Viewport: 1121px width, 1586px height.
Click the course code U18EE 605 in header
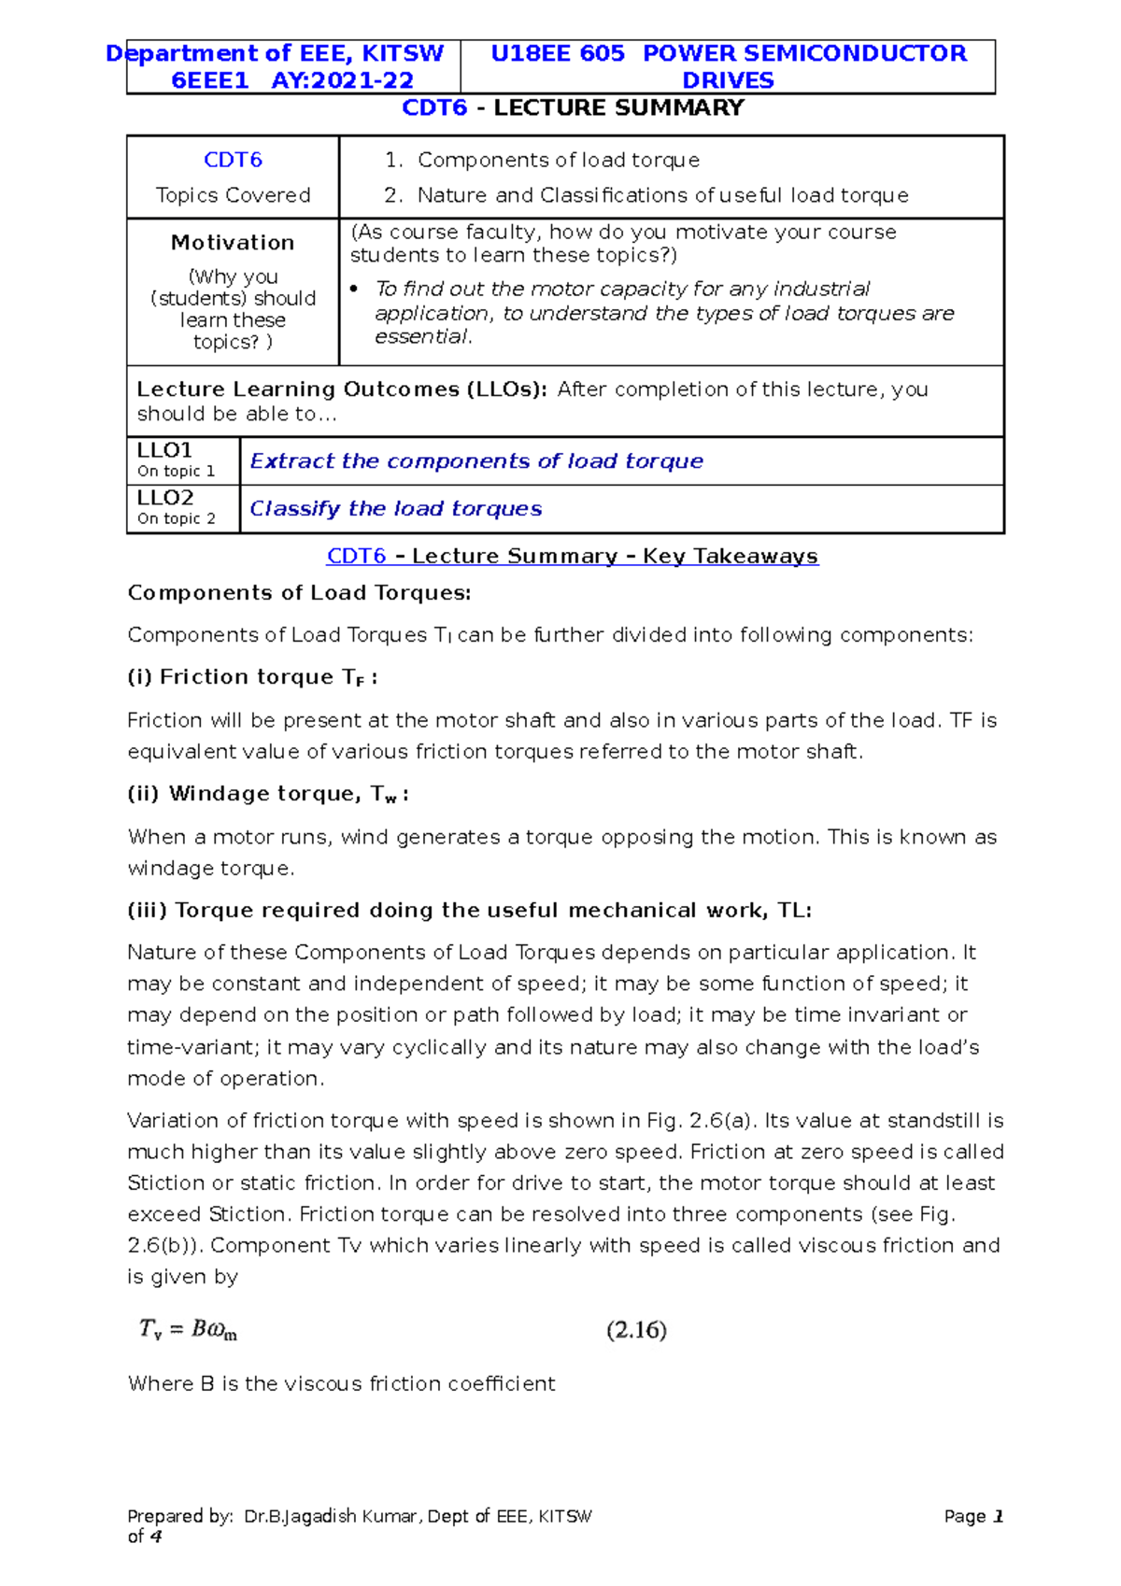tap(558, 53)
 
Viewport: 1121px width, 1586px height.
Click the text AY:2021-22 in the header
tap(342, 80)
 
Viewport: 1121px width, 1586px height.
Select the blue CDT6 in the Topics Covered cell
tap(233, 160)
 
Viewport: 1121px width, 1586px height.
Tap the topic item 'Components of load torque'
tap(558, 160)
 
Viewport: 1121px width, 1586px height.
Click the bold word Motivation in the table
tap(233, 243)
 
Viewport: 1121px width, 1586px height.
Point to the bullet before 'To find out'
tap(354, 290)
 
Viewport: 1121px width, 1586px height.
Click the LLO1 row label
tap(164, 450)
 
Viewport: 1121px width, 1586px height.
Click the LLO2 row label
tap(164, 498)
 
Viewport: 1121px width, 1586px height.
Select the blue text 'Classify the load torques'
tap(395, 509)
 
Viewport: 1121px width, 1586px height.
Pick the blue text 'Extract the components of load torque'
tap(476, 461)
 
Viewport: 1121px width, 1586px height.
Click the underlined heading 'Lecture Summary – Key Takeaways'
tap(615, 557)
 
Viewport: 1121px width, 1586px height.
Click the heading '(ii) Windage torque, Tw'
tap(267, 794)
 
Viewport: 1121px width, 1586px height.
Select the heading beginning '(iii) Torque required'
tap(469, 911)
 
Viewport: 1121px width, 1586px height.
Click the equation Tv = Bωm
tap(188, 1329)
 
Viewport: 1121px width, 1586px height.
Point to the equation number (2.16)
tap(636, 1330)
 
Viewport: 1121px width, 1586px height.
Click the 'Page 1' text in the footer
tap(972, 1517)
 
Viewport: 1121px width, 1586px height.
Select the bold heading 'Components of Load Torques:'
tap(299, 593)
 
